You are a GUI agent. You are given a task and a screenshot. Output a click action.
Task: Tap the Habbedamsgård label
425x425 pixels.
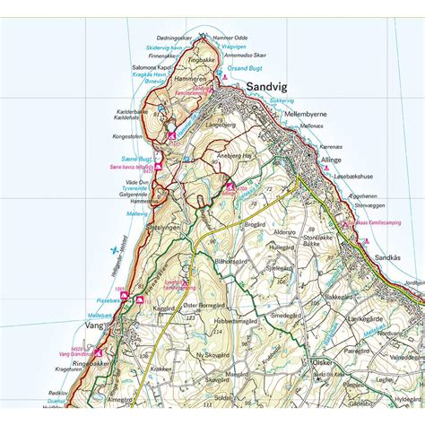pos(238,320)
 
